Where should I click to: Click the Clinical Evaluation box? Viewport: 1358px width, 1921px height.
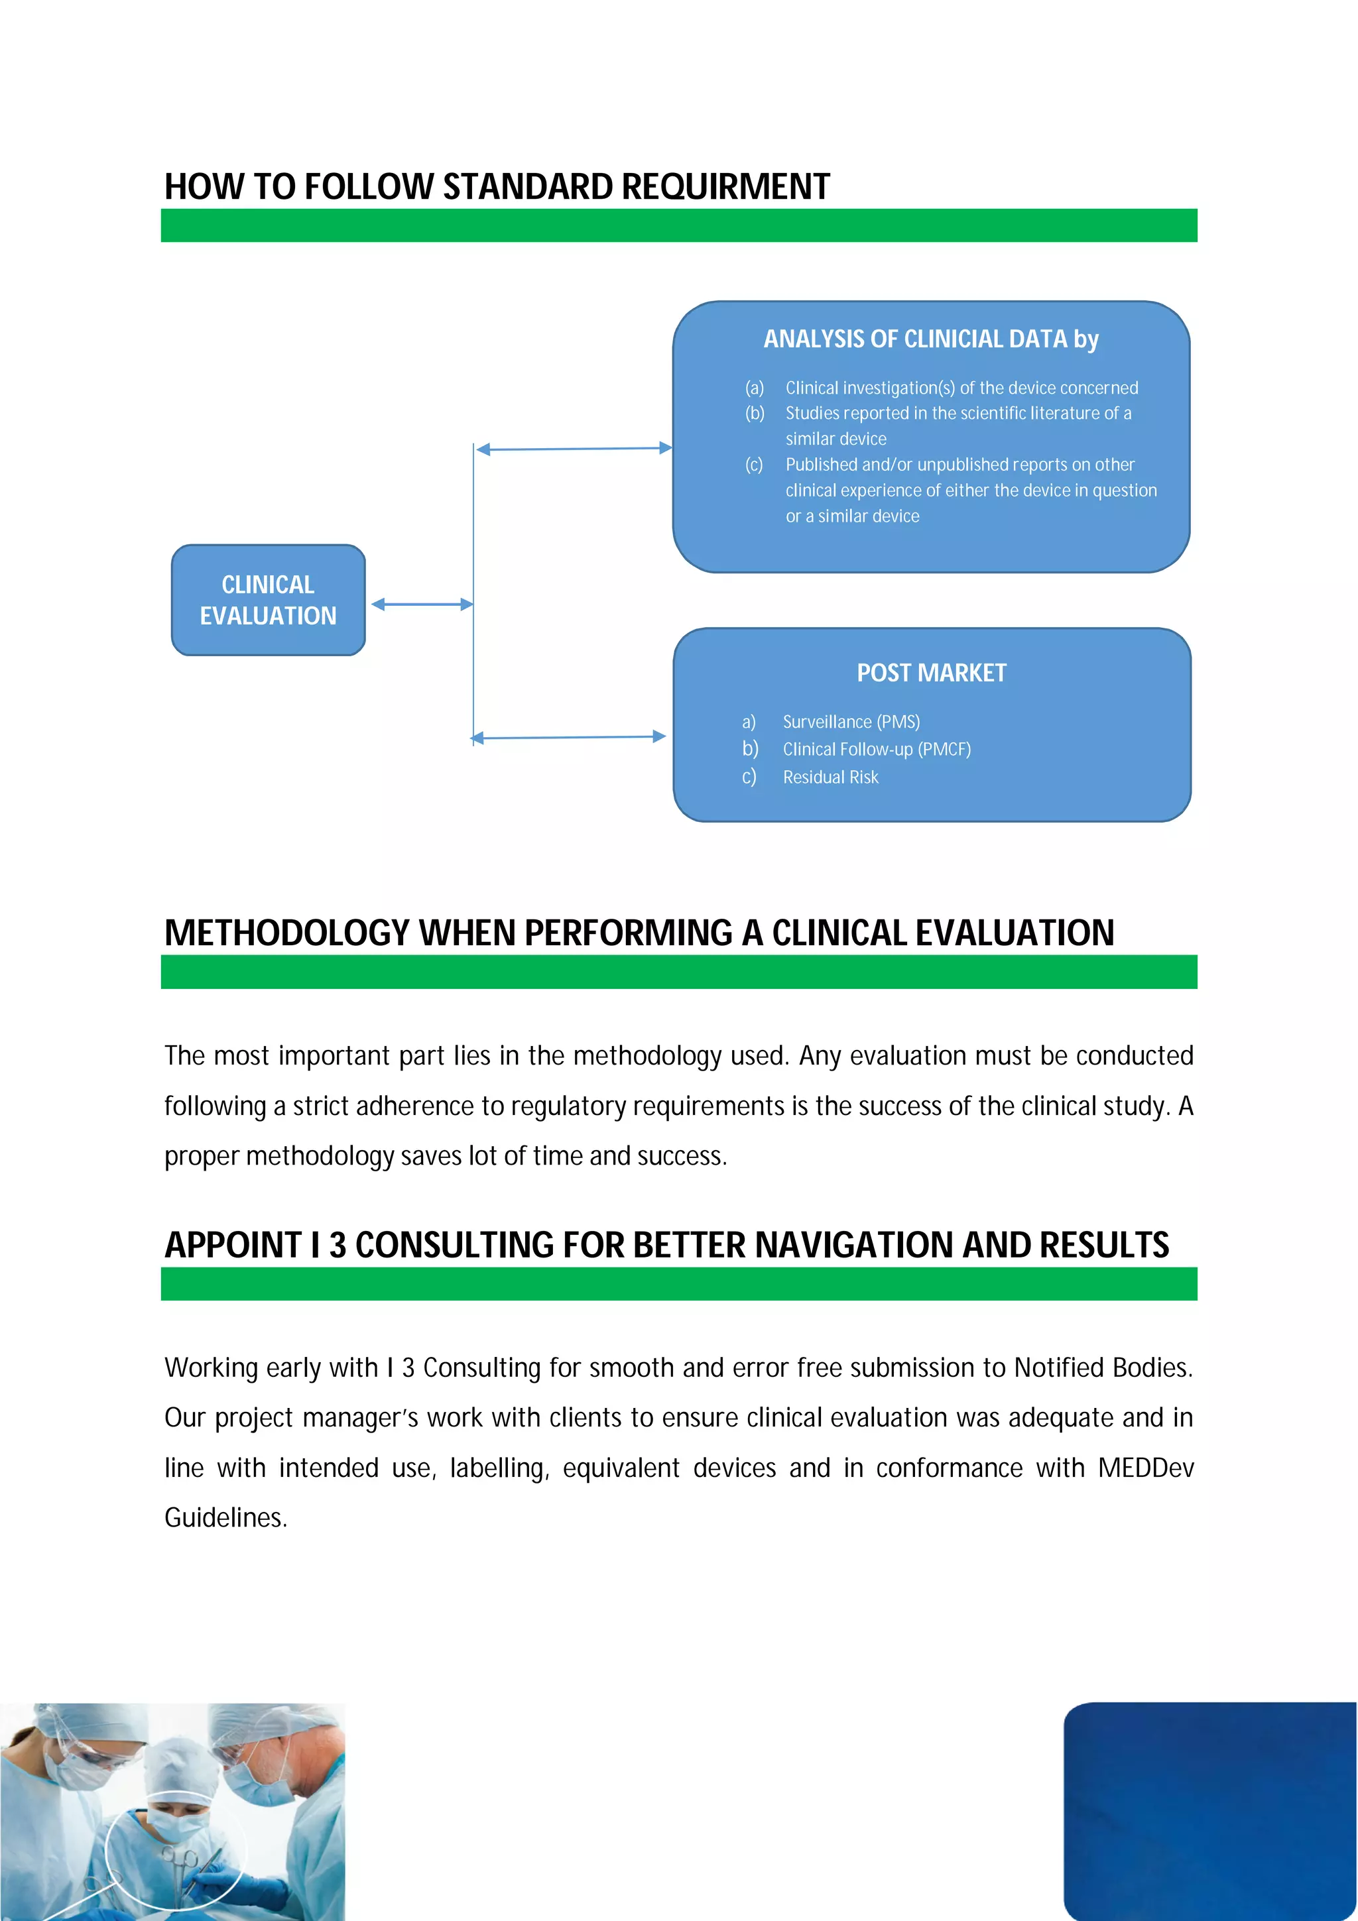[x=268, y=600]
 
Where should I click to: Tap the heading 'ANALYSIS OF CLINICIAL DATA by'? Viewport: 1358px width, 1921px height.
[x=930, y=339]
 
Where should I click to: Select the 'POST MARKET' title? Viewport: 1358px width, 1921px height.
[x=931, y=673]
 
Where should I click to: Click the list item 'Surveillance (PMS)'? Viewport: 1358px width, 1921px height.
[x=851, y=721]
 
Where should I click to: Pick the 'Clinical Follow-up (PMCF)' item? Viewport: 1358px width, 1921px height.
[x=876, y=749]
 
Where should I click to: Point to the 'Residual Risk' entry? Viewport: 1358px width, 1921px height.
[x=830, y=778]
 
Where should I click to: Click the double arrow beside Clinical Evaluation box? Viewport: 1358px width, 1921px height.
[x=422, y=604]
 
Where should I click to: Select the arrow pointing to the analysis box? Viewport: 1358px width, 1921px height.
[x=574, y=449]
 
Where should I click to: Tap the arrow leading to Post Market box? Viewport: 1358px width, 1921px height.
[x=569, y=737]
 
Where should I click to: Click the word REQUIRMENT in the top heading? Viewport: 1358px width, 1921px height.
[x=725, y=186]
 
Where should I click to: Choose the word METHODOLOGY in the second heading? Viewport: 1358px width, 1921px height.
[x=286, y=933]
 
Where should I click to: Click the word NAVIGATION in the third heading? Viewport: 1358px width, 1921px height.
[x=853, y=1245]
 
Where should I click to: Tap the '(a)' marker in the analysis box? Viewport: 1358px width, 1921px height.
[x=755, y=387]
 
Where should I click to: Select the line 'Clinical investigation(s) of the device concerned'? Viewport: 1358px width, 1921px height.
[x=961, y=387]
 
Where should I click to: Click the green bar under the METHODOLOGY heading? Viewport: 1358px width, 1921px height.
[x=678, y=972]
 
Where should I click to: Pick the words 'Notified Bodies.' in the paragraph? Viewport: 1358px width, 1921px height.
[x=1103, y=1367]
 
